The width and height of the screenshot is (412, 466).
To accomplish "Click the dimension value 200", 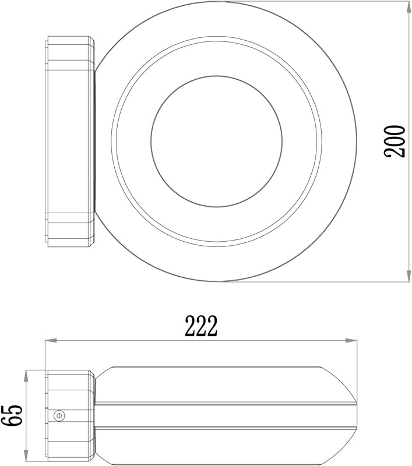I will (395, 141).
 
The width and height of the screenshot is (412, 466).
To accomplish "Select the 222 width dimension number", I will (201, 327).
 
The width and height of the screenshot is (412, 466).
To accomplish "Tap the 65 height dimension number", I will (11, 415).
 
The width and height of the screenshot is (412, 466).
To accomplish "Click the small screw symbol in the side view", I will (58, 415).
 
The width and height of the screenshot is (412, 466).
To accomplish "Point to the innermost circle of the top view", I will (216, 141).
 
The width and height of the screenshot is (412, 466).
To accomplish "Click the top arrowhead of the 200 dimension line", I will (406, 6).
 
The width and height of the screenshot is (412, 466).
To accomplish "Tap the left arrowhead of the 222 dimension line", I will (51, 340).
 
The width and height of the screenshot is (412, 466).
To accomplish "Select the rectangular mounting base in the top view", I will (70, 141).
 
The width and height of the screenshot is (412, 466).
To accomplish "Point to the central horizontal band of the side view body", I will (224, 415).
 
